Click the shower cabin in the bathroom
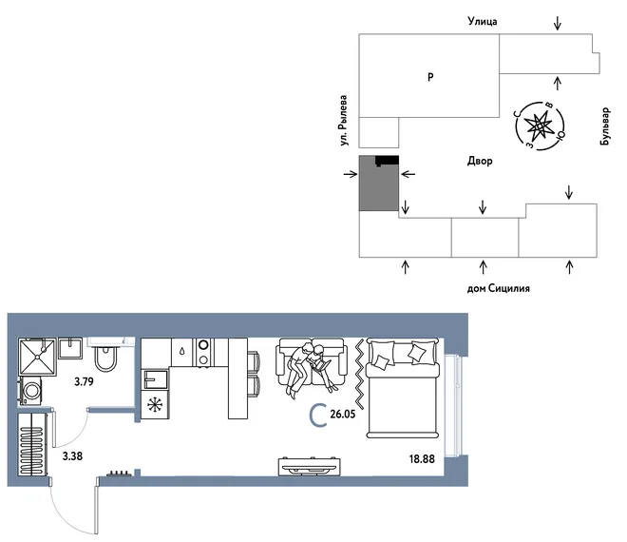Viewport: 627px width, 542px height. (x=37, y=357)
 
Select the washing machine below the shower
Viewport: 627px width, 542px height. (x=30, y=391)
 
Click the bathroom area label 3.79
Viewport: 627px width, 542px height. (x=84, y=381)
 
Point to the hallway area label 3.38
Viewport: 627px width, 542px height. (x=72, y=455)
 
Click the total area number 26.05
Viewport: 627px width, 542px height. (x=343, y=414)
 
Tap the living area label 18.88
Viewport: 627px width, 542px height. (x=422, y=458)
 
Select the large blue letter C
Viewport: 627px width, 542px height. (x=318, y=416)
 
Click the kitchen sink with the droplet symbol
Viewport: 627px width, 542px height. (x=182, y=352)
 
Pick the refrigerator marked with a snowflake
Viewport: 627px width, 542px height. (x=155, y=405)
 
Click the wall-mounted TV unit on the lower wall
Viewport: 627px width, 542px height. (x=310, y=466)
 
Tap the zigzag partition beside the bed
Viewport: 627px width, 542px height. (x=360, y=375)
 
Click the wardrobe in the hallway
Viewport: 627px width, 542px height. (x=33, y=444)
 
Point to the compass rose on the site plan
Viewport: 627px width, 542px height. (x=540, y=126)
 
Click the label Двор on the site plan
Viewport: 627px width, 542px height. (x=480, y=161)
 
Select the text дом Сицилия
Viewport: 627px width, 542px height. (x=498, y=288)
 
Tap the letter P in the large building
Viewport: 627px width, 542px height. (x=430, y=77)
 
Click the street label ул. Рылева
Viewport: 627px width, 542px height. (x=343, y=120)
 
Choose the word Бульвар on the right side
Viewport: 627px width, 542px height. (x=605, y=126)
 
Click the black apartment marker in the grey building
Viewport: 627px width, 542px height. (x=387, y=161)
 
